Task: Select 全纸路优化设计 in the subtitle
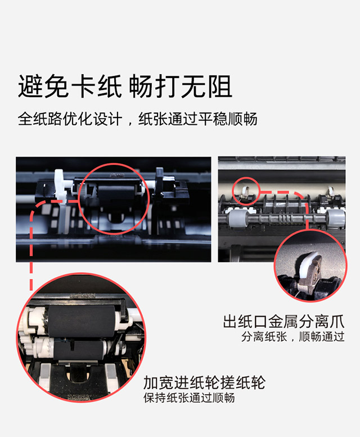pyautogui.click(x=70, y=119)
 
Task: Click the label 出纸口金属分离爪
pyautogui.click(x=283, y=322)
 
